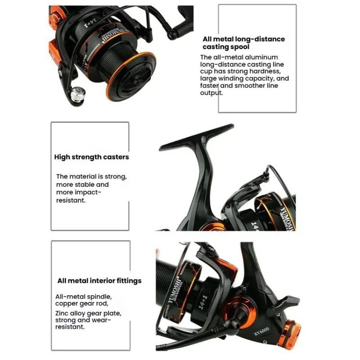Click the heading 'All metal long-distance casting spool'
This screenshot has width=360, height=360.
click(x=243, y=43)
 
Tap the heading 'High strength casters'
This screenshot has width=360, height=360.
click(x=91, y=157)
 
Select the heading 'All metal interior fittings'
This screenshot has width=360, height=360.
click(x=99, y=281)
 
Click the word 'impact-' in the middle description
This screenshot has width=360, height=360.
click(x=87, y=192)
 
